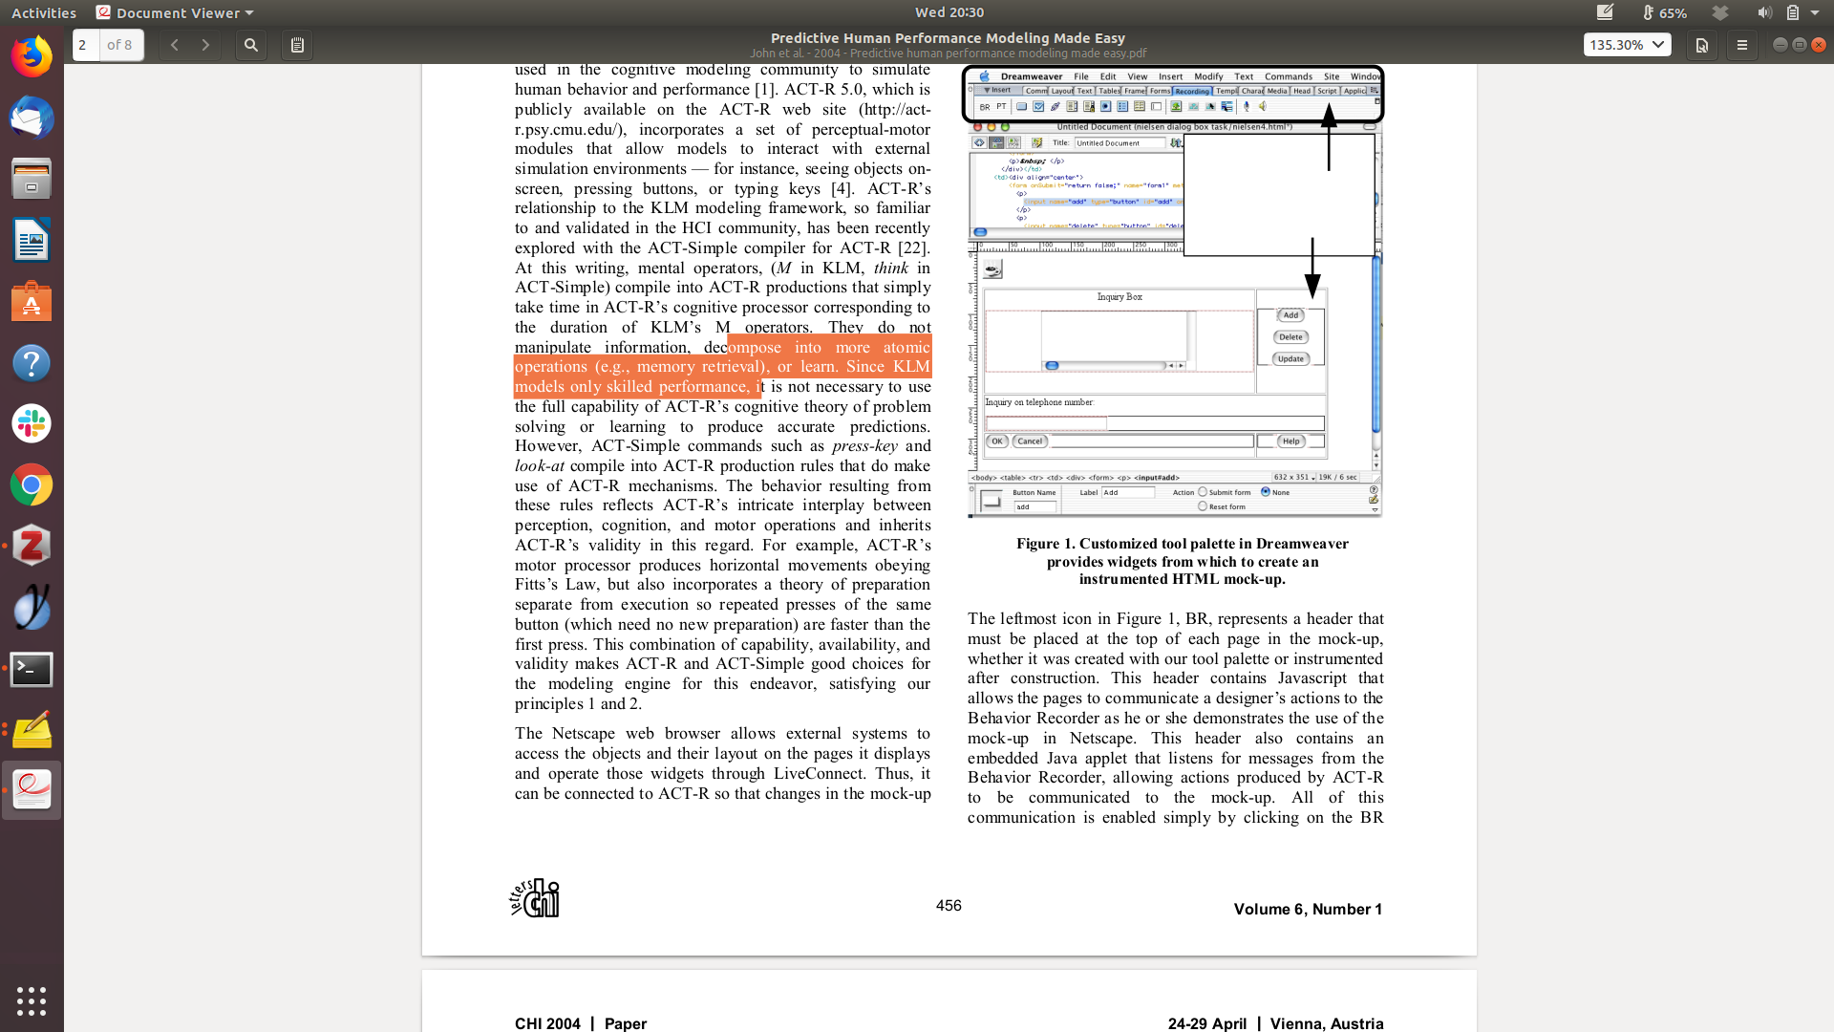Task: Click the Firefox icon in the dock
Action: click(x=32, y=57)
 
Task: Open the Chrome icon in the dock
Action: click(x=32, y=485)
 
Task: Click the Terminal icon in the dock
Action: click(x=32, y=669)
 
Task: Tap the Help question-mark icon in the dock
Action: click(x=32, y=363)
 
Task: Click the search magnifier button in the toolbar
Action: click(x=251, y=45)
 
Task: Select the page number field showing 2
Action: click(x=85, y=45)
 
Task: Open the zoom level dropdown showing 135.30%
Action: click(x=1627, y=45)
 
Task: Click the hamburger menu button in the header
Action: click(x=1741, y=45)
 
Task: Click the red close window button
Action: click(x=1819, y=45)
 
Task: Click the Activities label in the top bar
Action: click(x=44, y=12)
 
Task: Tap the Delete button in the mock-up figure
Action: click(x=1290, y=337)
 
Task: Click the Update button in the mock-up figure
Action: click(x=1290, y=359)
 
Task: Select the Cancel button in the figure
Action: click(x=1030, y=441)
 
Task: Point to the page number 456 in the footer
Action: click(x=949, y=906)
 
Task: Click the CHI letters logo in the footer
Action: click(x=535, y=898)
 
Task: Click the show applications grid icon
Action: click(x=32, y=1000)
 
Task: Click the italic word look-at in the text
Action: click(x=540, y=466)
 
